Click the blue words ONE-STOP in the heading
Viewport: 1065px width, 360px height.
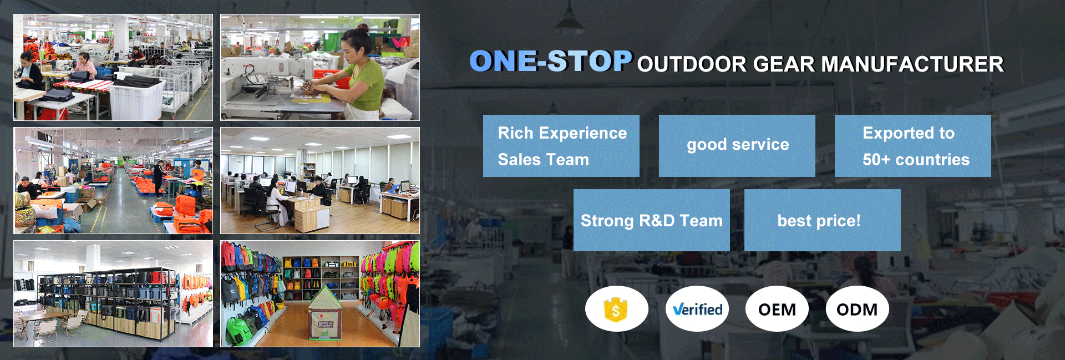[x=551, y=61]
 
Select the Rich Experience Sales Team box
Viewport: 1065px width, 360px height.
[x=561, y=146]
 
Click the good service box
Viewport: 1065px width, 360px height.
[x=737, y=146]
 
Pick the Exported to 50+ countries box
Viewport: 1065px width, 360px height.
[x=912, y=146]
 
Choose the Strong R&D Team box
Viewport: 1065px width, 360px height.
[x=651, y=220]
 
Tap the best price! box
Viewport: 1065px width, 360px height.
[x=822, y=220]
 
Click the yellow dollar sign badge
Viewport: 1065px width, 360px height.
[x=616, y=309]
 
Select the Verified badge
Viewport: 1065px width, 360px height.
[x=697, y=309]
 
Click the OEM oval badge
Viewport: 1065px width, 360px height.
[x=777, y=309]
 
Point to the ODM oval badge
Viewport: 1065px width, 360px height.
[x=857, y=309]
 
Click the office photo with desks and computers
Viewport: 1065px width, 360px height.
[x=320, y=180]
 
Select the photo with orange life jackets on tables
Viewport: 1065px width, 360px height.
[x=113, y=180]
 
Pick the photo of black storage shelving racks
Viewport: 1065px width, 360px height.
[x=113, y=293]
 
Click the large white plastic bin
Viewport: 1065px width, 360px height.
[x=136, y=99]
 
